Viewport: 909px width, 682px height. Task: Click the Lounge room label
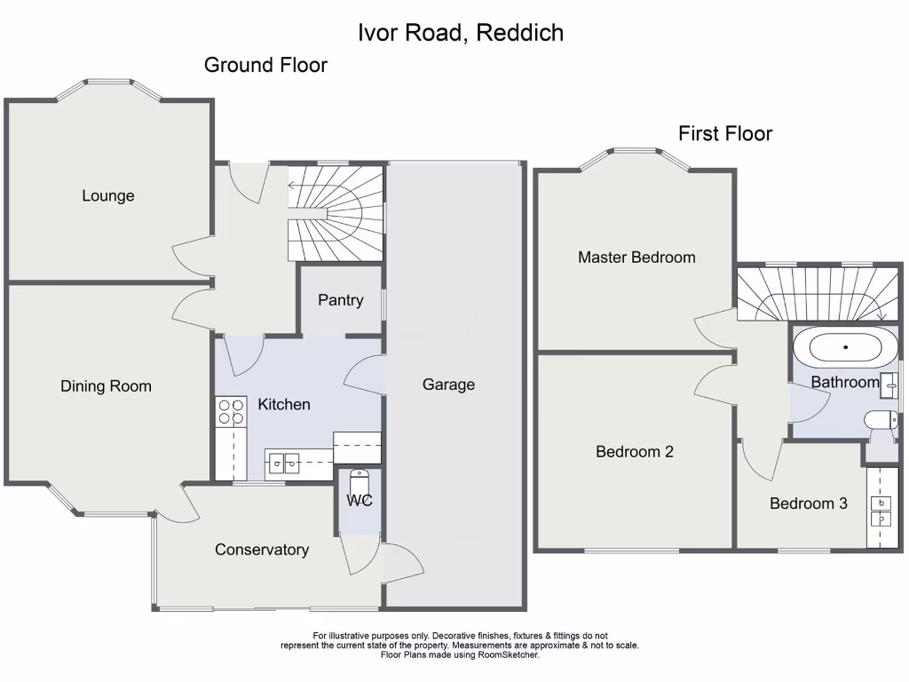(x=108, y=195)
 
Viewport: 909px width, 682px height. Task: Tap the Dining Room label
(x=106, y=386)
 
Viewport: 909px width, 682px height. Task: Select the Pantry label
(x=341, y=300)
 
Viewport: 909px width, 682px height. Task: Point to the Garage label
(x=448, y=385)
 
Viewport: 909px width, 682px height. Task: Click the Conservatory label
(x=262, y=550)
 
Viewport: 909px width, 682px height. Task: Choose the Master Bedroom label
(x=636, y=258)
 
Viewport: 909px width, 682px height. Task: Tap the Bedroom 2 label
(x=635, y=451)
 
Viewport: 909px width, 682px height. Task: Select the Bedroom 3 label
(x=809, y=504)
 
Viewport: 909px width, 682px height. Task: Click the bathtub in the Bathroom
(x=845, y=347)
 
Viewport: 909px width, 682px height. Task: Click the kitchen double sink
(x=285, y=462)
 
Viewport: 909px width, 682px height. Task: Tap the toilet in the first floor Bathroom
(x=880, y=422)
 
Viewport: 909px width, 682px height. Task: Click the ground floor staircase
(x=336, y=212)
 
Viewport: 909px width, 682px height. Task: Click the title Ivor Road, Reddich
(x=461, y=33)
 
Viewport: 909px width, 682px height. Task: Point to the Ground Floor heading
(x=265, y=65)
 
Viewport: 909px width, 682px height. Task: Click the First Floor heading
(x=725, y=133)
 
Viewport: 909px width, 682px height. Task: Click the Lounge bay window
(x=109, y=87)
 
